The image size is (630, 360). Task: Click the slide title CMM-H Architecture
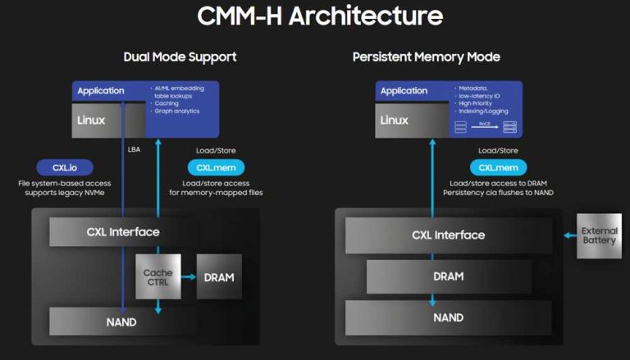coord(315,16)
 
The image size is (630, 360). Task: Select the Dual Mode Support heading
coord(180,57)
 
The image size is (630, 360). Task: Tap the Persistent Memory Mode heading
coord(426,57)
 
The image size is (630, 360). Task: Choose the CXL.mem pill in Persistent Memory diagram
coord(498,166)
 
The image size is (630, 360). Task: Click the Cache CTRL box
coord(157,277)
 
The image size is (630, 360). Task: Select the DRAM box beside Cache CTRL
coord(218,277)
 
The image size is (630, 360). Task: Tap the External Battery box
coord(599,236)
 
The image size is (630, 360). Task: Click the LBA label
coord(135,150)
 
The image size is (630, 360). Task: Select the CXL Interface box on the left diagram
coord(123,231)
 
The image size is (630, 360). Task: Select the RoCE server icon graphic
coord(485,126)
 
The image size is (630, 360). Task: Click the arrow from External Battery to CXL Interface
coord(568,235)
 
